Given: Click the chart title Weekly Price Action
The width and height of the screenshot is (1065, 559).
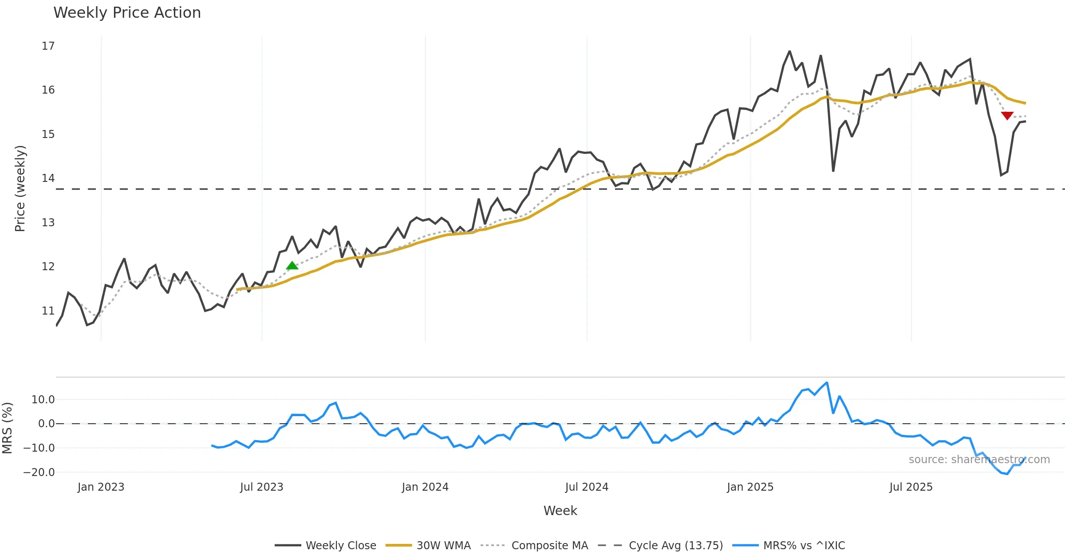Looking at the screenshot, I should pos(127,13).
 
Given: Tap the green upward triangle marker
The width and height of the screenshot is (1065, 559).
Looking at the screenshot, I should pos(292,266).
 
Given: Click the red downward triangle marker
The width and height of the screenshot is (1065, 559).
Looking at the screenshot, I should pos(1007,115).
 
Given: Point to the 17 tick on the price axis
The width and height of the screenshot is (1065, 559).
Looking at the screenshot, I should pos(48,46).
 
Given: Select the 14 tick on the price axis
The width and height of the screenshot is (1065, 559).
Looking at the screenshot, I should pos(48,178).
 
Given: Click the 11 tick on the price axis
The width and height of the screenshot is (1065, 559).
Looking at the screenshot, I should pos(48,311).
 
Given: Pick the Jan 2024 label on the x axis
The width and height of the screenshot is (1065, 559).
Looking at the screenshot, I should pos(425,487).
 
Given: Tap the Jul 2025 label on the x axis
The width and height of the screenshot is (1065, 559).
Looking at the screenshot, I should pos(911,487).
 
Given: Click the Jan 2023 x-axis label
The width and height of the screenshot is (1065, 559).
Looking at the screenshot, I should pos(101,487).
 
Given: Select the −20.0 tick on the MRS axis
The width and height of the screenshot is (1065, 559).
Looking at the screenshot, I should pos(39,472).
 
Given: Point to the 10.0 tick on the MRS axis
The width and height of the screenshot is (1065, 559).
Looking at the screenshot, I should pos(43,400).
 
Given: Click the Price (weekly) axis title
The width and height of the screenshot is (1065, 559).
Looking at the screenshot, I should pos(20,189).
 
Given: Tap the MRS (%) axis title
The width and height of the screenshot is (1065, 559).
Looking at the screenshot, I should pos(7,428).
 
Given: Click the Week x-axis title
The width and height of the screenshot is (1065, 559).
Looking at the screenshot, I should pos(560,511).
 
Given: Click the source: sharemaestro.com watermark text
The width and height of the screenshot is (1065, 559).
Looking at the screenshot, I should pos(979,460).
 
